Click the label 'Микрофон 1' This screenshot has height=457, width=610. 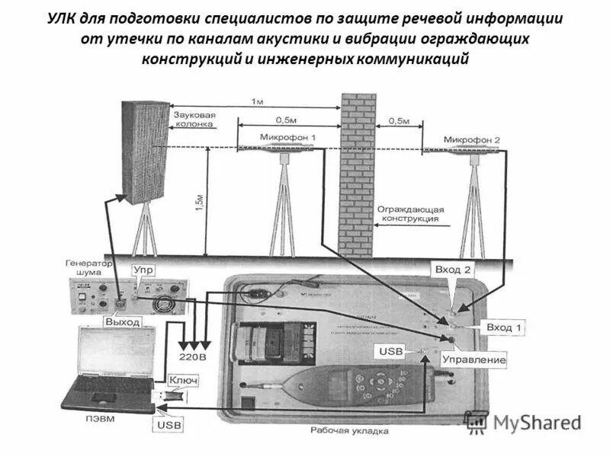(287, 137)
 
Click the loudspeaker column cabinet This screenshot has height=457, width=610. (145, 152)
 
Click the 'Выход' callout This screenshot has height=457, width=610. (122, 322)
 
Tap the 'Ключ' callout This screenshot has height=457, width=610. (183, 380)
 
